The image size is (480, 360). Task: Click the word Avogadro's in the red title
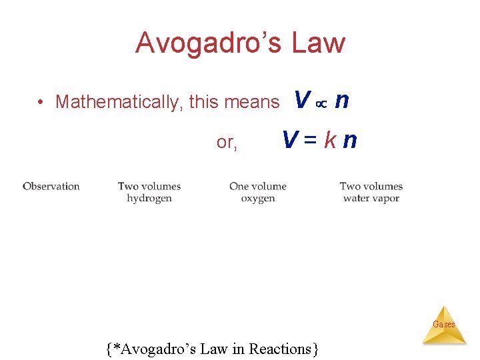point(209,43)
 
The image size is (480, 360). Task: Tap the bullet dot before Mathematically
point(41,102)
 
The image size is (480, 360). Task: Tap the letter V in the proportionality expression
point(302,101)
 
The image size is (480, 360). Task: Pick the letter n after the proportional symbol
point(341,101)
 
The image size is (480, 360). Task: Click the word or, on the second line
point(227,142)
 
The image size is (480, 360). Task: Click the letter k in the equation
point(329,141)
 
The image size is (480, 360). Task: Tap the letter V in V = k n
point(290,141)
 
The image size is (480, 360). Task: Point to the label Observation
point(51,187)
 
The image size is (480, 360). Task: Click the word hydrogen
point(149,198)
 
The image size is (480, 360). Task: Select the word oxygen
point(258,198)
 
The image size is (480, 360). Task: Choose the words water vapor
point(371,198)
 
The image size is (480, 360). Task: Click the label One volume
point(258,187)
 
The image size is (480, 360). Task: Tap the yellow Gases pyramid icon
point(444,326)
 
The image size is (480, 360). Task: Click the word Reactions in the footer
point(283,349)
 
